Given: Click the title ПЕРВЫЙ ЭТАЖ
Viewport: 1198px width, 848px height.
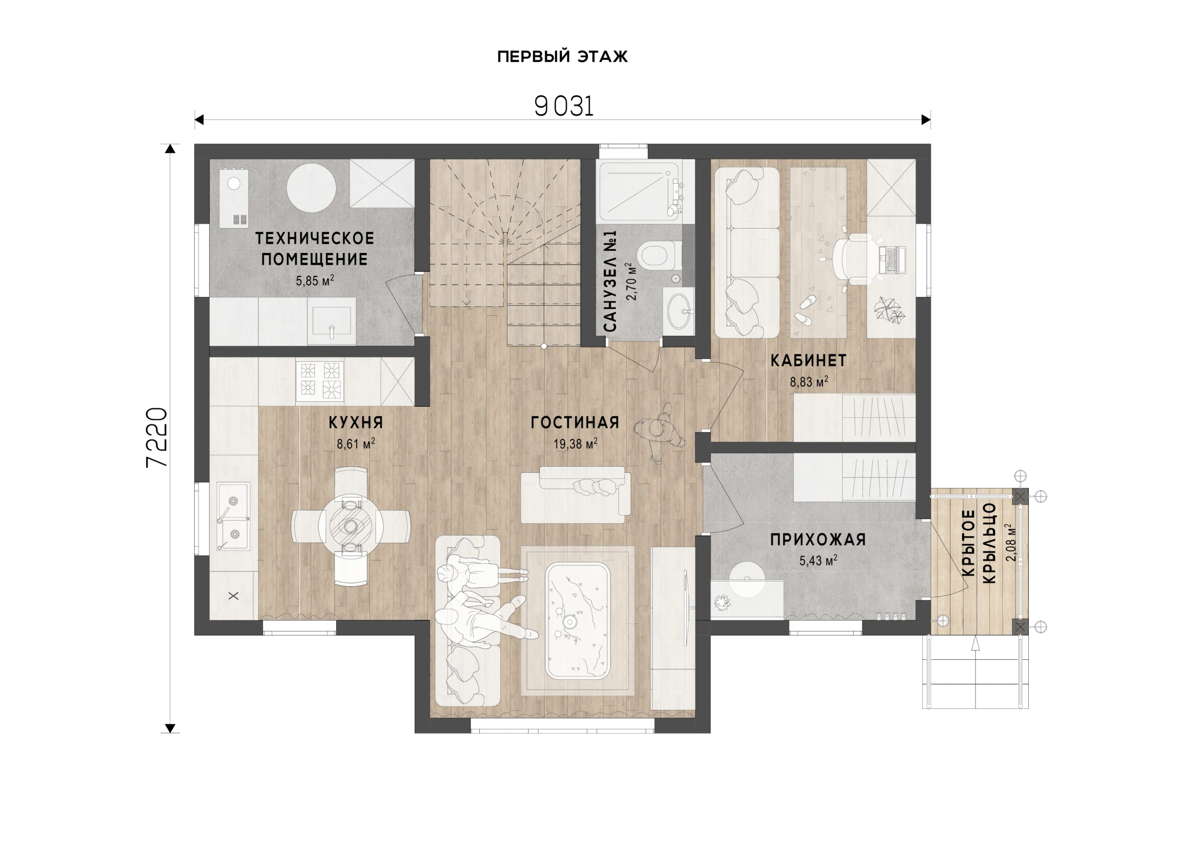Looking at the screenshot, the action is (x=562, y=57).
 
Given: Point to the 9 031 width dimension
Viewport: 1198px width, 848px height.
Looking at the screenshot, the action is (x=564, y=106).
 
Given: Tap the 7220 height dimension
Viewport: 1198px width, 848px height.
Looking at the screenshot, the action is (x=157, y=438).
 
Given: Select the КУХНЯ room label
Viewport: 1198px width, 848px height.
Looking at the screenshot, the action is (x=356, y=422).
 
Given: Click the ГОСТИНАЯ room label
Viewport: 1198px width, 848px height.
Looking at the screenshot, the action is (x=575, y=422).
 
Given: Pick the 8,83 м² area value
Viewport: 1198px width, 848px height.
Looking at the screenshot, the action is (x=809, y=381).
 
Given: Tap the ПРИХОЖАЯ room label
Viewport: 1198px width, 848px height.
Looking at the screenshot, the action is (x=818, y=539).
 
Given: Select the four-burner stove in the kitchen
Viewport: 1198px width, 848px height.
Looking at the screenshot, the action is (x=320, y=381).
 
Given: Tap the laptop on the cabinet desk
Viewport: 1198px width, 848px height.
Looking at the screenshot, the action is (x=893, y=259).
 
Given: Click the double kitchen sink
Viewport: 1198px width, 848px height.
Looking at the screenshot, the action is (x=233, y=516).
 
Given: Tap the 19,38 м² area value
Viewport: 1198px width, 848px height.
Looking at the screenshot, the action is (x=575, y=443).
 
